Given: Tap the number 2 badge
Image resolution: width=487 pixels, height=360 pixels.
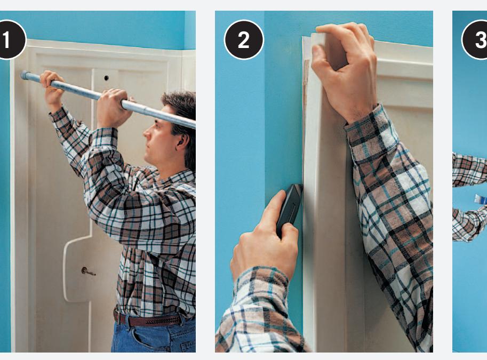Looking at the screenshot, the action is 244,40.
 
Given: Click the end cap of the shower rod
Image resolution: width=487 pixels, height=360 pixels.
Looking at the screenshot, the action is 24,75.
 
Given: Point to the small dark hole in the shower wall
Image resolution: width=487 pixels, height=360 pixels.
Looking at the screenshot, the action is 106,78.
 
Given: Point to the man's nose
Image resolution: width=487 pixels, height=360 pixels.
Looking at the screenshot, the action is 146,133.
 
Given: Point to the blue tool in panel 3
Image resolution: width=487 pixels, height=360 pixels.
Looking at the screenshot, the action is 481,199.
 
